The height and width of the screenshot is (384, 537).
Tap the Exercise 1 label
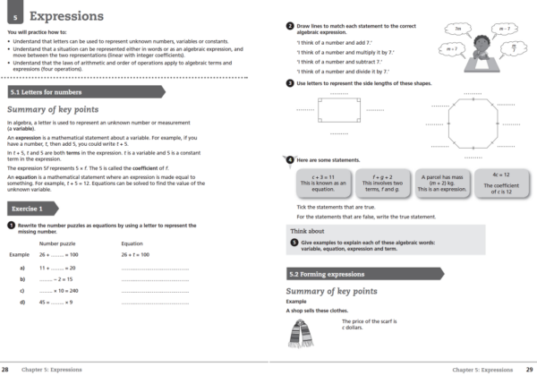tap(30, 208)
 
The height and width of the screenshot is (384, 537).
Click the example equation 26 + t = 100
tap(136, 253)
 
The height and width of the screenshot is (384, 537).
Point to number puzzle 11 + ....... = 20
tap(58, 267)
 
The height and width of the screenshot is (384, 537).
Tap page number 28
tap(7, 369)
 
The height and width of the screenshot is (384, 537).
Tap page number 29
tap(529, 369)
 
